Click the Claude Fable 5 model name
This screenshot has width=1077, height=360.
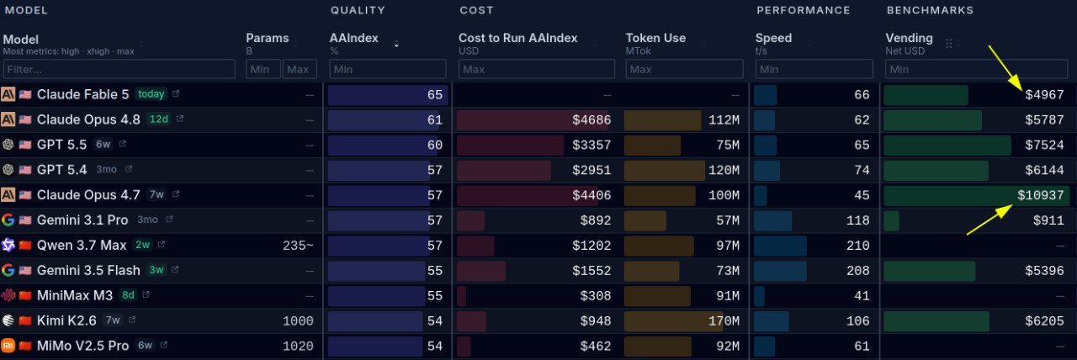82,95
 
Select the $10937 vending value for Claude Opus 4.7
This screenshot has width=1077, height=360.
1041,195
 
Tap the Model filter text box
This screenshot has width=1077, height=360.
119,69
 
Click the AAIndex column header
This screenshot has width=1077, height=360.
354,38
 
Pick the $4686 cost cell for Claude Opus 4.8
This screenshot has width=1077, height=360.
592,119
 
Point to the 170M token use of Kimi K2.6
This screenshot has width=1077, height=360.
724,320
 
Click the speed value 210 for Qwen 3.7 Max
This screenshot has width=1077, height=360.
857,246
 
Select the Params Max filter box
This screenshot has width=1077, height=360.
300,69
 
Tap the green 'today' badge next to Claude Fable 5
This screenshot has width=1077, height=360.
151,94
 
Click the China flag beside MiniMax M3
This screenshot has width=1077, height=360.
25,295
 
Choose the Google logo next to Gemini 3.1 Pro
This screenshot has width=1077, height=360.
8,220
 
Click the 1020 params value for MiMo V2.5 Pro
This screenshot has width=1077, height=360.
298,346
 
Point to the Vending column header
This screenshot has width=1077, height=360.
909,38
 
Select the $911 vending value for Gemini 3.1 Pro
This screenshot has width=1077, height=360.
1048,220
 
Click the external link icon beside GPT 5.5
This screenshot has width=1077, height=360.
122,144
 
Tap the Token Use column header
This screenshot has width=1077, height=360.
655,38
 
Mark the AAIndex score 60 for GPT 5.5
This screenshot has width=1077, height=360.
435,146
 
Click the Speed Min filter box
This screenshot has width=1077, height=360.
814,69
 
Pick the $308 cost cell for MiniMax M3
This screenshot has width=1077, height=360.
595,295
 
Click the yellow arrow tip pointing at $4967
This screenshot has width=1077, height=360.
1022,90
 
